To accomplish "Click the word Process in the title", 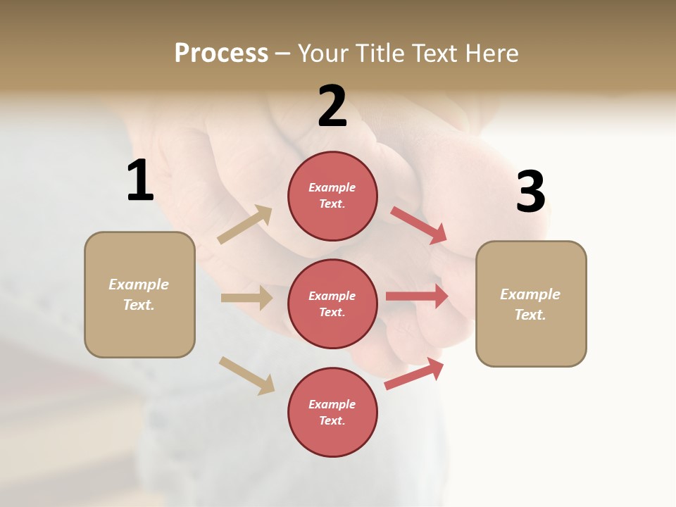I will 221,53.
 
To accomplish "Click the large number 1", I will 140,180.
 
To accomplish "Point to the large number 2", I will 332,106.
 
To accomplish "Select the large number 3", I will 530,192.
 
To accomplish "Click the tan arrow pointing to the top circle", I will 245,225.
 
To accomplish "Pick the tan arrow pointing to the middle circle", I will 246,298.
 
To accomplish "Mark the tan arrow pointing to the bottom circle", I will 246,375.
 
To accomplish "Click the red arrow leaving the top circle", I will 419,225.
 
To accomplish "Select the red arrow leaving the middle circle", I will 417,296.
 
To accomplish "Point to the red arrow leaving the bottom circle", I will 414,374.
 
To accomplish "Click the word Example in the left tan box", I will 139,284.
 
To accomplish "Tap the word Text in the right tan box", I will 530,315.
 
